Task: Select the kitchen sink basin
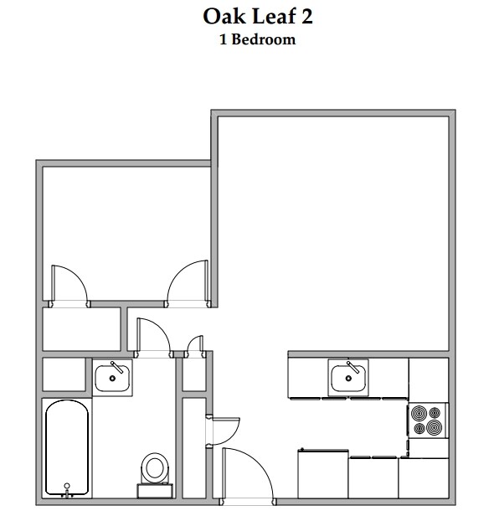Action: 349,378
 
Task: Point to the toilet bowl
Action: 155,467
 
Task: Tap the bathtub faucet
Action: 67,486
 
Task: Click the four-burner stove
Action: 426,421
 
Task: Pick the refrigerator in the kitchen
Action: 323,474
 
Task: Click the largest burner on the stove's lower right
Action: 433,428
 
